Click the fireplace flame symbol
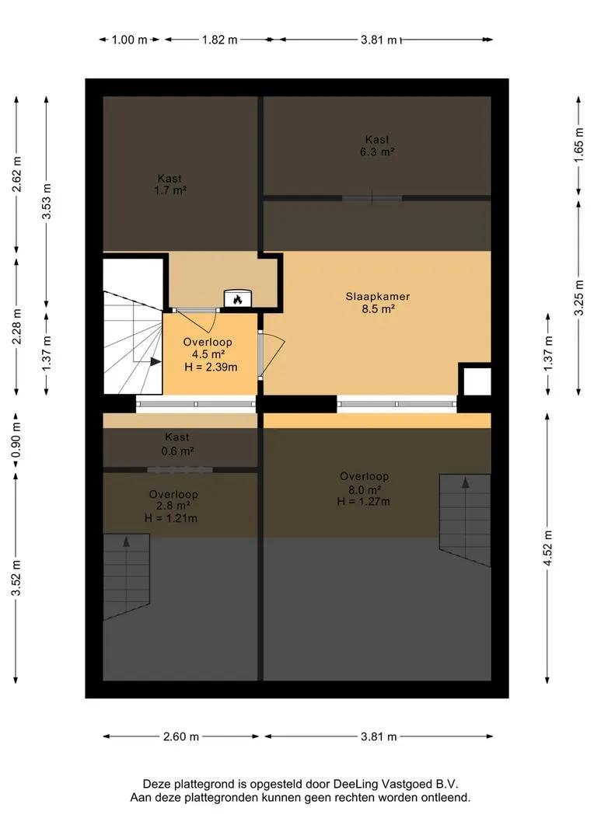[237, 298]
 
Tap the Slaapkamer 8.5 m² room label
[378, 302]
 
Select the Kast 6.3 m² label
[377, 145]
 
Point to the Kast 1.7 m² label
[169, 184]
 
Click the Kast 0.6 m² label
[177, 444]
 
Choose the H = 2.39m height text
[211, 367]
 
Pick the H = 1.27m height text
[364, 501]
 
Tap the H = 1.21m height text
[171, 518]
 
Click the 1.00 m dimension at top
[129, 40]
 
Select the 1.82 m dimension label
[219, 40]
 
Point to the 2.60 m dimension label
[181, 736]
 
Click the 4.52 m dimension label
[547, 548]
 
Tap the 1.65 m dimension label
[578, 146]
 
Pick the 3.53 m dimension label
[47, 200]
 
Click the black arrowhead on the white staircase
[155, 362]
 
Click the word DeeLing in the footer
[355, 785]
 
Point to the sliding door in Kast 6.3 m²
[372, 197]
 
